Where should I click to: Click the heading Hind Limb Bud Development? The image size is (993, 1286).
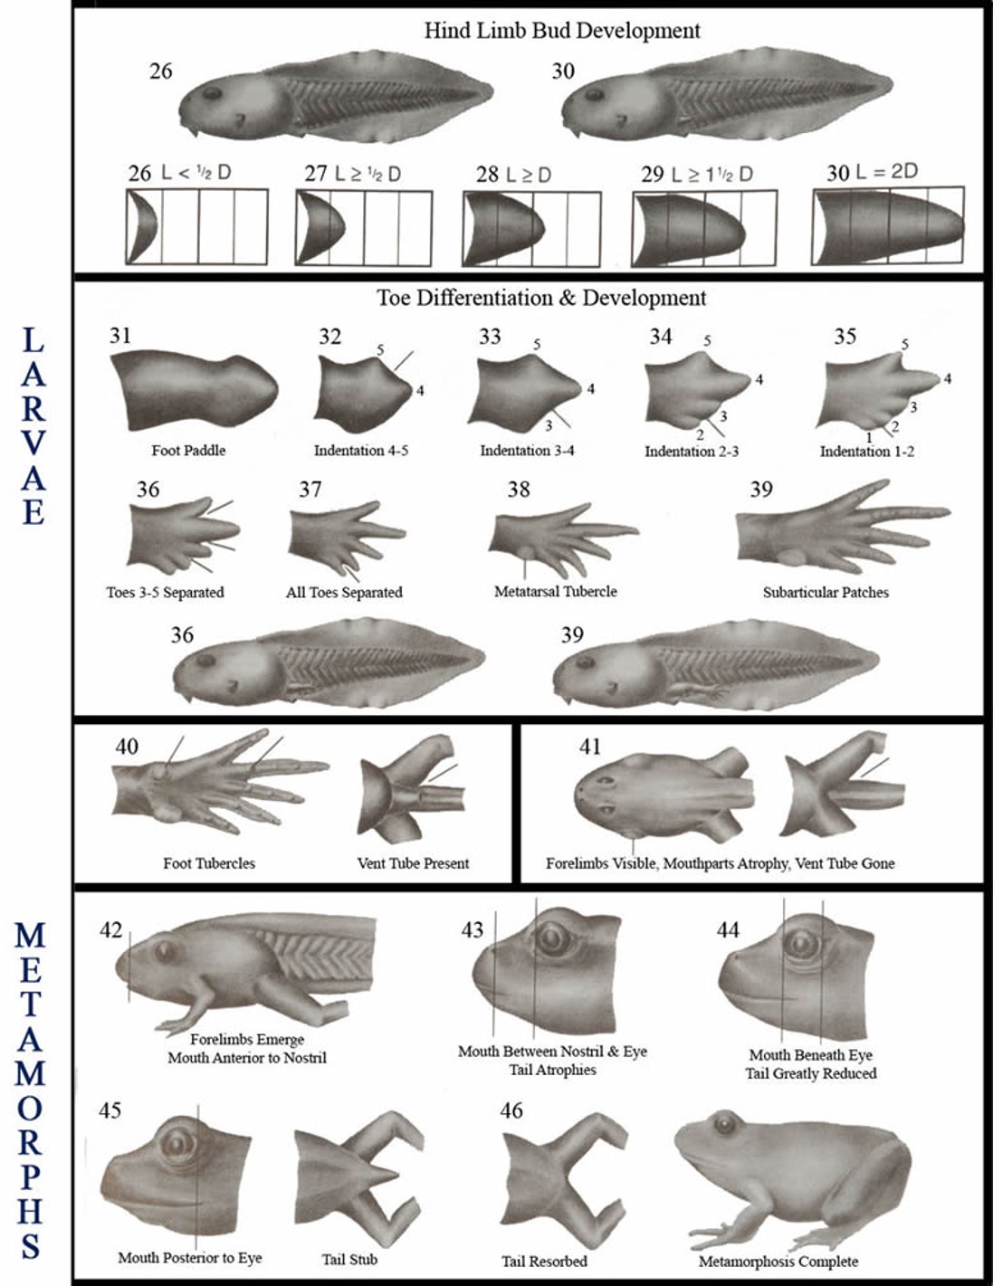point(562,31)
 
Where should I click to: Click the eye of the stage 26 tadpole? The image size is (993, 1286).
point(212,93)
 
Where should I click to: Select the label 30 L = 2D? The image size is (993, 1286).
point(872,173)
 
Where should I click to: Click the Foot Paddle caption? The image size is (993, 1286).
point(188,451)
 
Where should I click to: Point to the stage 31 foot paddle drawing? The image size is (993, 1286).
point(194,390)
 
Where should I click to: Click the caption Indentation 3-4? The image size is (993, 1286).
point(527,451)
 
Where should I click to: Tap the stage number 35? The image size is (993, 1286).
point(845,336)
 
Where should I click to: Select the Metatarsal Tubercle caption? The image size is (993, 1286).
point(556,592)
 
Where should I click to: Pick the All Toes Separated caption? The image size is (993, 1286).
point(344,593)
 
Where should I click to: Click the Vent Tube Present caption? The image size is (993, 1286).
point(413,863)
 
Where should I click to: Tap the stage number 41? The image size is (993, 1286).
point(589,747)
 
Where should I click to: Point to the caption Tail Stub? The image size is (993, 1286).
point(349,1260)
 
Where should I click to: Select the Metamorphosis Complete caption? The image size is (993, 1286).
point(778,1262)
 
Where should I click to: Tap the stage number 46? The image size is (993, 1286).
point(511,1110)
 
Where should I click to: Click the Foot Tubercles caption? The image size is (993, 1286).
point(209,863)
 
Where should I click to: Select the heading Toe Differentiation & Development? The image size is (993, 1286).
point(541,298)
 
